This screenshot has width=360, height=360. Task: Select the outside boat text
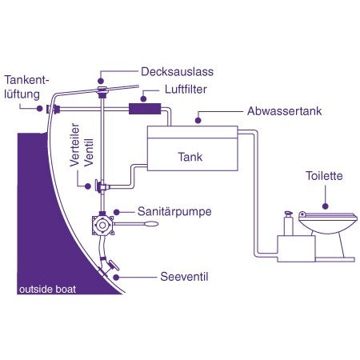click(x=48, y=289)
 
